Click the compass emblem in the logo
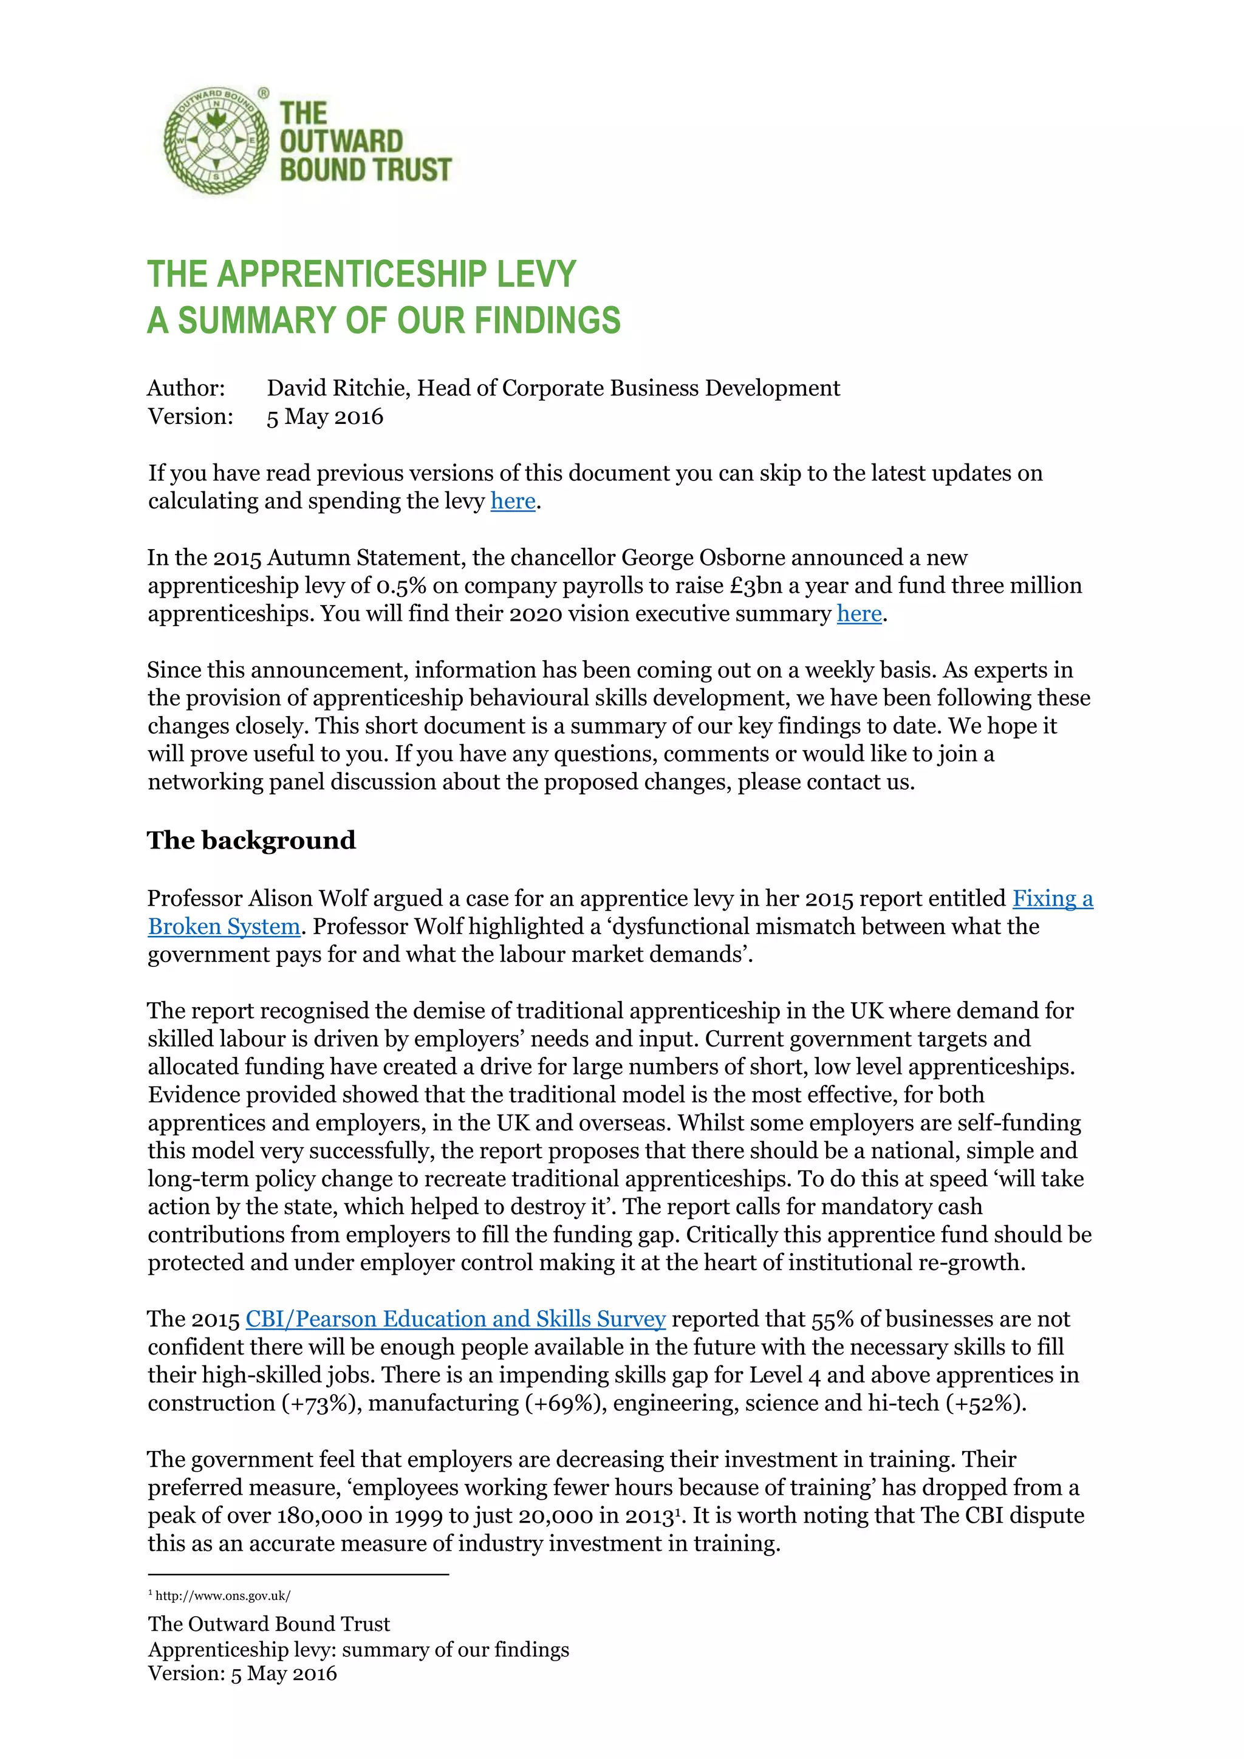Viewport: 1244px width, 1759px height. point(217,140)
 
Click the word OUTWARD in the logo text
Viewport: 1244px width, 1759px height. point(341,141)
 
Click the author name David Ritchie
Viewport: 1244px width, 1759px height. point(338,388)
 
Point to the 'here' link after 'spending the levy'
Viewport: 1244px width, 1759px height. point(513,501)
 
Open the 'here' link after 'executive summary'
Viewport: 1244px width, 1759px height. point(859,613)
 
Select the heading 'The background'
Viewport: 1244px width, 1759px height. point(251,841)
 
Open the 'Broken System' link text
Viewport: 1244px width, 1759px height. point(224,927)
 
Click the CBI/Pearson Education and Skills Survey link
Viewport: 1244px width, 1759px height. point(455,1319)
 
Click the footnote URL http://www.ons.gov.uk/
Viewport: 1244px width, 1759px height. point(222,1596)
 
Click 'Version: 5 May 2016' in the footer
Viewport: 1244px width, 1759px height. point(242,1674)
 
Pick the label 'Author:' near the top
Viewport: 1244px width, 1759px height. point(186,388)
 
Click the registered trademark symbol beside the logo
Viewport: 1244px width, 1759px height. point(264,94)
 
